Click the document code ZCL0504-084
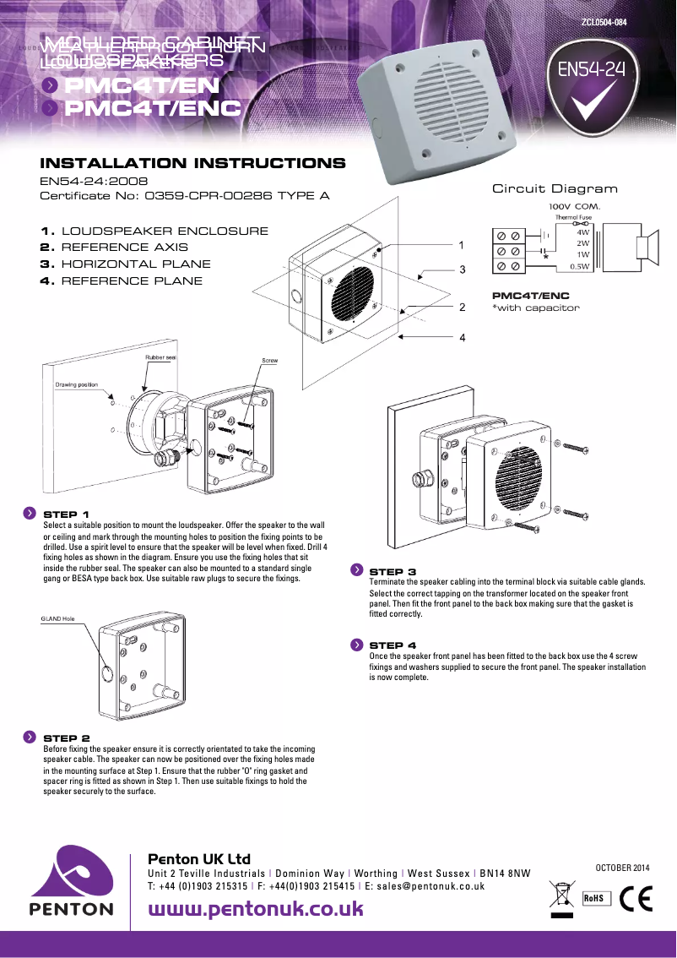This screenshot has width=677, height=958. pos(604,23)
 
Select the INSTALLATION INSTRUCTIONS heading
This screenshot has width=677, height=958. pos(192,163)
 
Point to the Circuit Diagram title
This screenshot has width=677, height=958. pos(555,188)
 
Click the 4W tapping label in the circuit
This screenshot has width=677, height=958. pos(582,231)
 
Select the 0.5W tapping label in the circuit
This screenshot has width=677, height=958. pos(579,266)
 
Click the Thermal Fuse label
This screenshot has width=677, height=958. pos(572,217)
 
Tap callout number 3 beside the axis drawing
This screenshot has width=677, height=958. pos(463,269)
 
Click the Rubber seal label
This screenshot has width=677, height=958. pos(160,358)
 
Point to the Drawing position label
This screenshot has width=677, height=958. pos(77,384)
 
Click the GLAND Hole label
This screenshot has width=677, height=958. pos(58,619)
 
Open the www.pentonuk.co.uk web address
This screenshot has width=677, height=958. pos(256,908)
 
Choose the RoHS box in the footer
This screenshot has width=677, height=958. pos(594,898)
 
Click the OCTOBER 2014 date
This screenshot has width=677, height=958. pos(623,868)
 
